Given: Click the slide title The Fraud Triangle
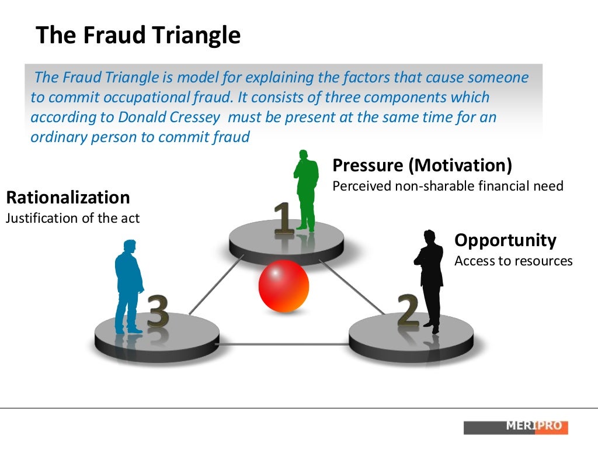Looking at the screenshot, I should [x=138, y=36].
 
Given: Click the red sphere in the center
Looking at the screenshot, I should [x=283, y=286].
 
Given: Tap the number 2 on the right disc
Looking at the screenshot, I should [x=408, y=310].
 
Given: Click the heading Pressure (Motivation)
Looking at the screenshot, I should [x=422, y=165].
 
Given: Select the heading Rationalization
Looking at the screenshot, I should [x=68, y=197].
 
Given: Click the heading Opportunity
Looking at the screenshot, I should [x=505, y=240].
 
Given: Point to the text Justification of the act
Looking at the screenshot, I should [x=72, y=218].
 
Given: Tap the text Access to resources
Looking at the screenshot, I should [x=513, y=261].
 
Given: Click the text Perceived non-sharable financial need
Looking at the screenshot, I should [x=447, y=186].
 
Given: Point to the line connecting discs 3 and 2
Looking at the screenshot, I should [x=284, y=344].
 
